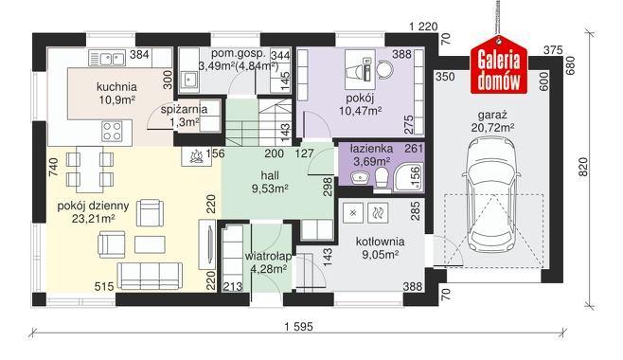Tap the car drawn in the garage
[x=491, y=193]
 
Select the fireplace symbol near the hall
[x=196, y=156]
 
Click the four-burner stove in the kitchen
[x=112, y=131]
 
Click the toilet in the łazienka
[x=382, y=177]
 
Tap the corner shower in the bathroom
[x=408, y=177]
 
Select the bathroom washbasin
[x=360, y=176]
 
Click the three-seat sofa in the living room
[x=150, y=276]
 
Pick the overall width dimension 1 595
[x=299, y=327]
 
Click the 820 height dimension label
[x=582, y=167]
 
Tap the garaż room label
[x=492, y=116]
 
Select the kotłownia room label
[x=381, y=242]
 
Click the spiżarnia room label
[x=184, y=109]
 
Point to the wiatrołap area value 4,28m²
[x=269, y=269]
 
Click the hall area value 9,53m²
[x=270, y=188]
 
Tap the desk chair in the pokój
[x=384, y=69]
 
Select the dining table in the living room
[x=90, y=170]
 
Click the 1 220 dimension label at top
[x=423, y=27]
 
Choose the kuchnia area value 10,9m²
[x=116, y=99]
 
